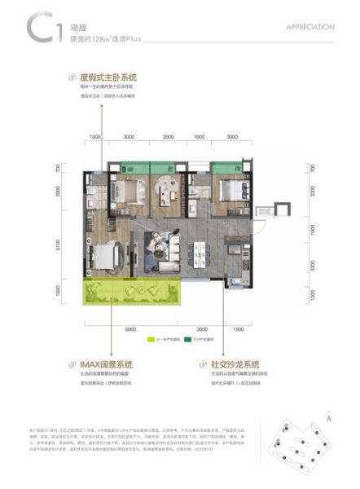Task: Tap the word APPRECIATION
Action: click(x=310, y=26)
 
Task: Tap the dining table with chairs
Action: click(x=199, y=253)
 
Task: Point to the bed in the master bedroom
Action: click(x=110, y=254)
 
